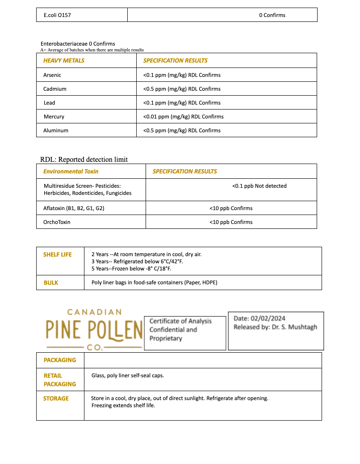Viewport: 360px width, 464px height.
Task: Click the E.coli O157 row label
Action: pyautogui.click(x=57, y=15)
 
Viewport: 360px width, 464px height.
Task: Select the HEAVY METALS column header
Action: pyautogui.click(x=64, y=61)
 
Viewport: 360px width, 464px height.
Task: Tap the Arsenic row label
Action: pyautogui.click(x=52, y=75)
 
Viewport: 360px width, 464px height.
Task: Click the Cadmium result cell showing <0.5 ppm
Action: pyautogui.click(x=182, y=89)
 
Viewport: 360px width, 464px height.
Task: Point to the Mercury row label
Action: pyautogui.click(x=54, y=117)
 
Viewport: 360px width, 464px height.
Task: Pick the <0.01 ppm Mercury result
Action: pyautogui.click(x=183, y=117)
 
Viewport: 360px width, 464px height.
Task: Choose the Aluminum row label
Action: pyautogui.click(x=56, y=131)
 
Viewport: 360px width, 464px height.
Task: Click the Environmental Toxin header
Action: pyautogui.click(x=71, y=172)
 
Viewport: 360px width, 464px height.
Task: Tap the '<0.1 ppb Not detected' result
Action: pyautogui.click(x=259, y=186)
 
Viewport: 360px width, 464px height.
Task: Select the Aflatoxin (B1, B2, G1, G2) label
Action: pyautogui.click(x=74, y=208)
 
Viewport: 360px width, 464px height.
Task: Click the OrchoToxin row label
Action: pyautogui.click(x=57, y=222)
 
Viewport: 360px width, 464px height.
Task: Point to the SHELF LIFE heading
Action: pyautogui.click(x=57, y=255)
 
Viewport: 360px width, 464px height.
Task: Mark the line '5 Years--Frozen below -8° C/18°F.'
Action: pyautogui.click(x=131, y=269)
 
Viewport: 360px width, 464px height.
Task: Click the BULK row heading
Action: pyautogui.click(x=51, y=283)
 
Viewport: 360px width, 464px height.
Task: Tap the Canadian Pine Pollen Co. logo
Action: pyautogui.click(x=93, y=329)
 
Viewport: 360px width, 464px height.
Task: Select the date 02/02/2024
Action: pyautogui.click(x=268, y=319)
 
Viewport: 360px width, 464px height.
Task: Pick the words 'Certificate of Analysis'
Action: pyautogui.click(x=180, y=321)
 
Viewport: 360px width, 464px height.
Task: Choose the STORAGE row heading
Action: pyautogui.click(x=56, y=399)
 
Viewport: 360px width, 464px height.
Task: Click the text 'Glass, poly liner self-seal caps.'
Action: pyautogui.click(x=128, y=375)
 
